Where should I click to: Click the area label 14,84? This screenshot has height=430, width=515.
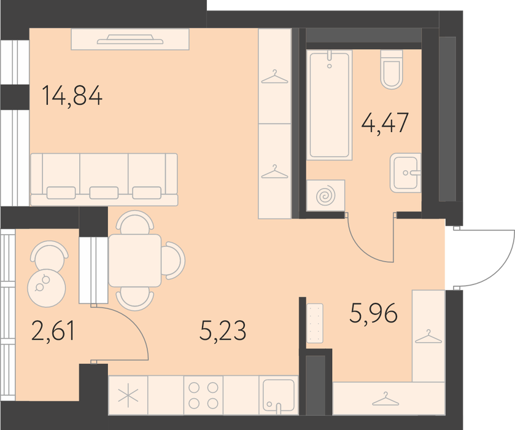[x=72, y=95]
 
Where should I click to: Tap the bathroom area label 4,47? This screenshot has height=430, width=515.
[x=385, y=122]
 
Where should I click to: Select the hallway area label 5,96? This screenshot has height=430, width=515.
[x=373, y=313]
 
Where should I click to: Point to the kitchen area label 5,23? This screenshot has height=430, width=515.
[x=223, y=330]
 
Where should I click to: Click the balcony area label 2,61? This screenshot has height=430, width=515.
[x=53, y=330]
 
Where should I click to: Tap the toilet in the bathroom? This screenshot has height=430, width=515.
[x=392, y=69]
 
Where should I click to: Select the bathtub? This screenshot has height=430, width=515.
[x=330, y=105]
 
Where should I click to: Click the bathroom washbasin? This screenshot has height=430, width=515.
[x=405, y=173]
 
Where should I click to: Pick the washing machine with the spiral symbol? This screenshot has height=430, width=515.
[x=326, y=195]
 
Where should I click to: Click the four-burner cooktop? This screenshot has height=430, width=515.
[x=203, y=395]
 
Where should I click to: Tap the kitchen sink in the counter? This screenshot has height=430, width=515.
[x=279, y=395]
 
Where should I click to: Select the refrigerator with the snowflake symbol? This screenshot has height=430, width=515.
[x=128, y=395]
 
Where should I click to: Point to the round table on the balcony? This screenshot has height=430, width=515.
[x=47, y=288]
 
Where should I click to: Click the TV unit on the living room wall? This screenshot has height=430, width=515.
[x=130, y=39]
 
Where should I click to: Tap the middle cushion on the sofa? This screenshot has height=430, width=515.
[x=104, y=193]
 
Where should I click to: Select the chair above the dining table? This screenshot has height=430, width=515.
[x=134, y=222]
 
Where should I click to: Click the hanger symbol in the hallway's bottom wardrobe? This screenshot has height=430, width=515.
[x=385, y=399]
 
